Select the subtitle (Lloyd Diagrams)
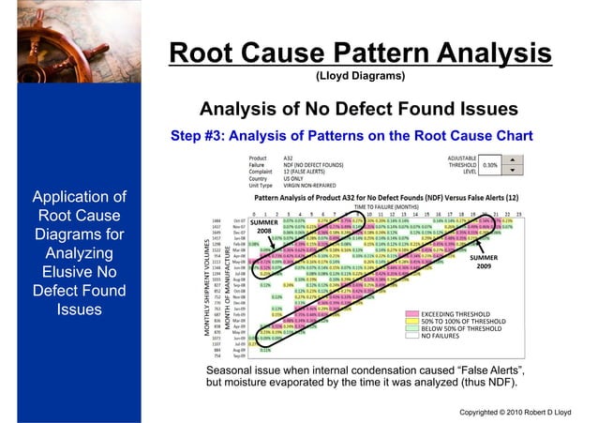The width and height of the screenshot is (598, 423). pyautogui.click(x=360, y=77)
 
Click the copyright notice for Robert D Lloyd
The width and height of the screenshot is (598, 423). pyautogui.click(x=525, y=412)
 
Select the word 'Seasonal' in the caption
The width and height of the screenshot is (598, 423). pyautogui.click(x=233, y=371)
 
